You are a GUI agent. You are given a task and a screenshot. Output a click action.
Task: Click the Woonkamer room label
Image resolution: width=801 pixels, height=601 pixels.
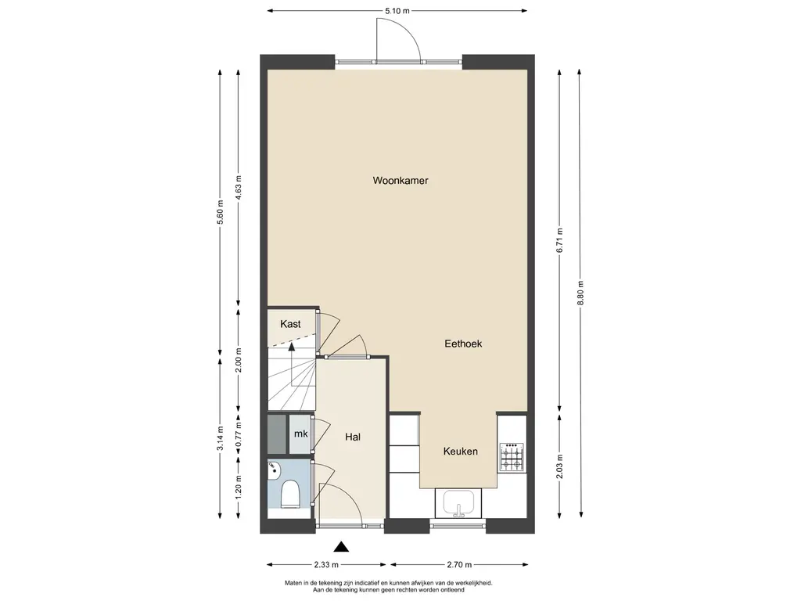pyautogui.click(x=400, y=181)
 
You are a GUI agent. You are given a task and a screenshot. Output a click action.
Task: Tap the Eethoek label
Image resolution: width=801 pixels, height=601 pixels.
pyautogui.click(x=463, y=344)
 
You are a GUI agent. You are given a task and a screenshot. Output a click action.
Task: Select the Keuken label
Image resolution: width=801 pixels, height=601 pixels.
pyautogui.click(x=461, y=452)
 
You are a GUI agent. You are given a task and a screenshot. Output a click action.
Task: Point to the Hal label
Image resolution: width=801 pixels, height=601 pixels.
pyautogui.click(x=353, y=437)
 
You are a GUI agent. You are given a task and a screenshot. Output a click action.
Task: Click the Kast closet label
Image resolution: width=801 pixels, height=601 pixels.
pyautogui.click(x=291, y=324)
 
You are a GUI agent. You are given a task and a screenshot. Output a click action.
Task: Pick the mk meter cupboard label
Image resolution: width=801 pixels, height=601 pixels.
pyautogui.click(x=301, y=434)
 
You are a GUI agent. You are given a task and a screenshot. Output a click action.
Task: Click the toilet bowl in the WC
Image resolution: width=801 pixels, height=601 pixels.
pyautogui.click(x=290, y=494)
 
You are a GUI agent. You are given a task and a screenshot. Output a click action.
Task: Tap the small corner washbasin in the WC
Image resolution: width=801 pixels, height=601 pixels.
pyautogui.click(x=273, y=470)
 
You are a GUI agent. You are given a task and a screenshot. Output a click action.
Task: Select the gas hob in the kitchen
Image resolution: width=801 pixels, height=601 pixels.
pyautogui.click(x=512, y=456)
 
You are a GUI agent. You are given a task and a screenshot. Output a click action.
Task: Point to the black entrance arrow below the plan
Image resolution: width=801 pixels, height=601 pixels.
pyautogui.click(x=341, y=547)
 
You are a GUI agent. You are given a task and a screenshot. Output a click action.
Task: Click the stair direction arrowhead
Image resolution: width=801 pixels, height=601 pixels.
pyautogui.click(x=292, y=347)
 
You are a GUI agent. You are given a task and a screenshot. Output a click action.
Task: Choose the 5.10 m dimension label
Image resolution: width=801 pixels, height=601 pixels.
pyautogui.click(x=397, y=11)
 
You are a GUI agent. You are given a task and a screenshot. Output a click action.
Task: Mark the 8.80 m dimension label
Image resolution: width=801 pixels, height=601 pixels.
pyautogui.click(x=580, y=293)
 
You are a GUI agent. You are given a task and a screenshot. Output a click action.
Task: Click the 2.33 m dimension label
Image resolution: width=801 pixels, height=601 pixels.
pyautogui.click(x=326, y=565)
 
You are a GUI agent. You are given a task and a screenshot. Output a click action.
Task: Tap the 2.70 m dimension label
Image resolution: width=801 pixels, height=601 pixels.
pyautogui.click(x=459, y=565)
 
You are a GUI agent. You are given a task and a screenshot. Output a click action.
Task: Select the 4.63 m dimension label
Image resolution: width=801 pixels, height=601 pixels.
pyautogui.click(x=238, y=188)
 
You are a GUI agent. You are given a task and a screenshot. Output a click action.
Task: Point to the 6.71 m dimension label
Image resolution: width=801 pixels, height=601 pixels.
pyautogui.click(x=560, y=240)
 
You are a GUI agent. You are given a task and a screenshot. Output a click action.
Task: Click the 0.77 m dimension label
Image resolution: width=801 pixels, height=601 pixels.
pyautogui.click(x=238, y=434)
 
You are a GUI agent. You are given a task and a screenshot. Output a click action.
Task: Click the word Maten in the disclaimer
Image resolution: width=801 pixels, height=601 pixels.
pyautogui.click(x=293, y=582)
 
